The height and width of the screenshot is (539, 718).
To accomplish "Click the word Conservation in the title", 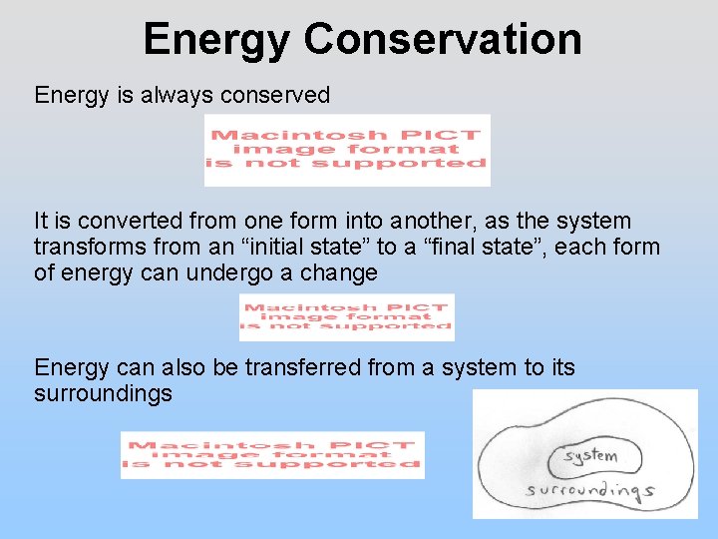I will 443,40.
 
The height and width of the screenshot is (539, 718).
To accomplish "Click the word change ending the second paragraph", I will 344,272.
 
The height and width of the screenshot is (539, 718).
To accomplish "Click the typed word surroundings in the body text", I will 103,394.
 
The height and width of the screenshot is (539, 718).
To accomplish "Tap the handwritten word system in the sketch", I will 590,456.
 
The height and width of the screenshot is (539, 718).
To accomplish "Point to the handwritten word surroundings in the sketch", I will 588,490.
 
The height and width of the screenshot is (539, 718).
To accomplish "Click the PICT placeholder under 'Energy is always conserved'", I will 347,150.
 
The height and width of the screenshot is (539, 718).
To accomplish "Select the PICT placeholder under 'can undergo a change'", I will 346,317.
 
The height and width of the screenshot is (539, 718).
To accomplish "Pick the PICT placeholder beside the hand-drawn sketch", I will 272,455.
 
